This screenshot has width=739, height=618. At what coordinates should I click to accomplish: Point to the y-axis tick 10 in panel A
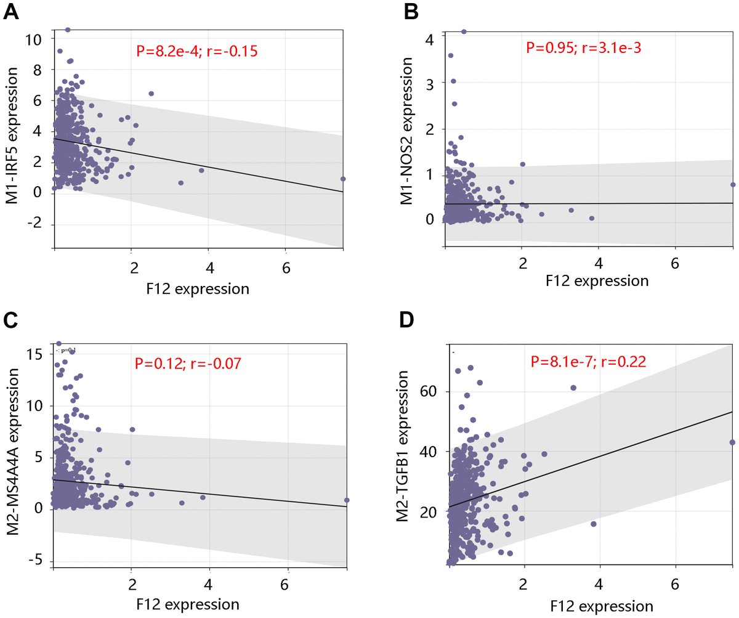[35, 39]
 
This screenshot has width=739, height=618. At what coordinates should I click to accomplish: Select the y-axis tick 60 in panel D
[430, 391]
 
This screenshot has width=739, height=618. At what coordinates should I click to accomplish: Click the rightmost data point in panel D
[732, 442]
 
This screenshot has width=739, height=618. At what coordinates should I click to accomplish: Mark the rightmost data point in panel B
[733, 184]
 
